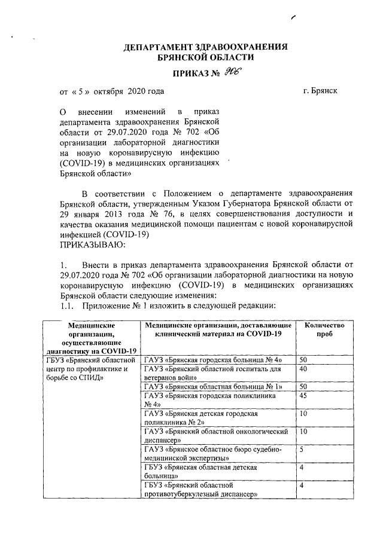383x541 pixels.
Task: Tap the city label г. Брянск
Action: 320,91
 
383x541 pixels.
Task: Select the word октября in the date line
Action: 108,91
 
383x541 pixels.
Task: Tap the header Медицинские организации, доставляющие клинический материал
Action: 218,328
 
